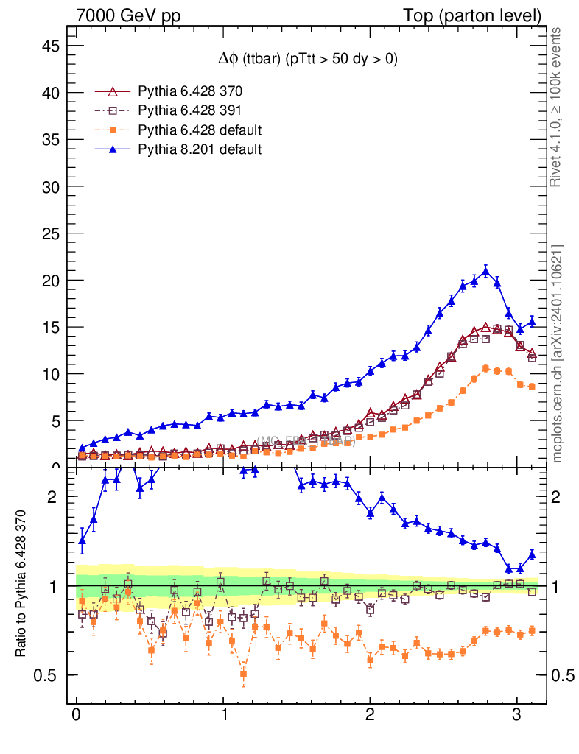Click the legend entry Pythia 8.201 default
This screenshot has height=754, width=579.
pyautogui.click(x=200, y=149)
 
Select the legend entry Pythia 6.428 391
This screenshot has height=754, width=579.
pyautogui.click(x=190, y=110)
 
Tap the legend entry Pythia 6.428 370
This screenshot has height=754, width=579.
pyautogui.click(x=190, y=91)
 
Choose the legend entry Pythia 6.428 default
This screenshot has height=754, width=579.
pyautogui.click(x=200, y=130)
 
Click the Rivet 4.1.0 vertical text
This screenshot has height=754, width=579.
pyautogui.click(x=557, y=107)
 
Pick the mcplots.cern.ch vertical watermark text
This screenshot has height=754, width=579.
pyautogui.click(x=557, y=353)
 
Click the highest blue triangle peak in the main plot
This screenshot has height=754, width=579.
pyautogui.click(x=485, y=272)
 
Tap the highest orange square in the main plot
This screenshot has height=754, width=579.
pyautogui.click(x=485, y=368)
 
